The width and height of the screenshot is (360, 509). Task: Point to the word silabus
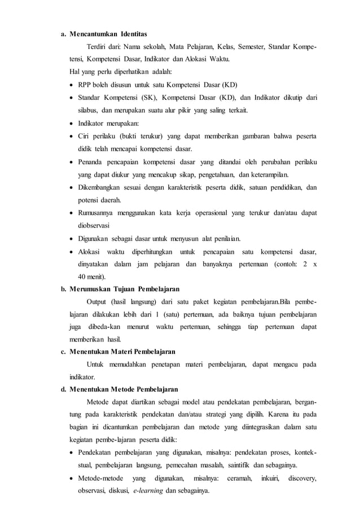[90, 110]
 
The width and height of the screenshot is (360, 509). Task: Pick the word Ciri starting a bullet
[85, 136]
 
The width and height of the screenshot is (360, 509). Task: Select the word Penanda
[92, 161]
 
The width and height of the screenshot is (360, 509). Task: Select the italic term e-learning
[148, 490]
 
